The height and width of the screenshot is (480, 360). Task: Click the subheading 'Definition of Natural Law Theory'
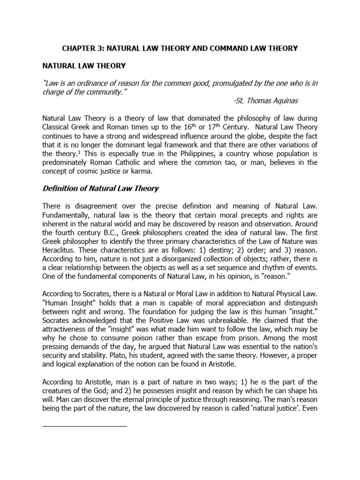coord(101,189)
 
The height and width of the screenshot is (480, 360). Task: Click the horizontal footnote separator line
coord(85,426)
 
